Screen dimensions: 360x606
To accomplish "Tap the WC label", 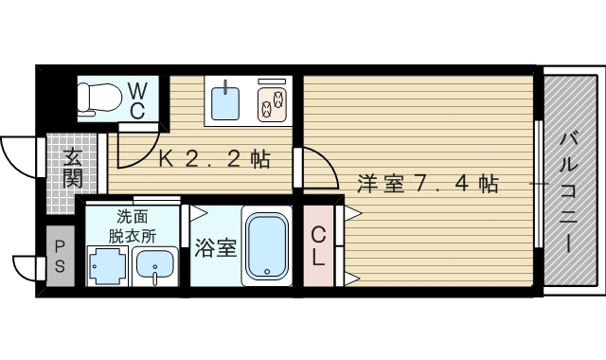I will click(136, 99).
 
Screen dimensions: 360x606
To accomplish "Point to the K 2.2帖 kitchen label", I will click(213, 160).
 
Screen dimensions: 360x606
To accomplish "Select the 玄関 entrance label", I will click(72, 169).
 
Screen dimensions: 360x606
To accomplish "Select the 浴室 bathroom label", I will click(214, 249).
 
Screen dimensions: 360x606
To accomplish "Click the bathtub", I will click(267, 246).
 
